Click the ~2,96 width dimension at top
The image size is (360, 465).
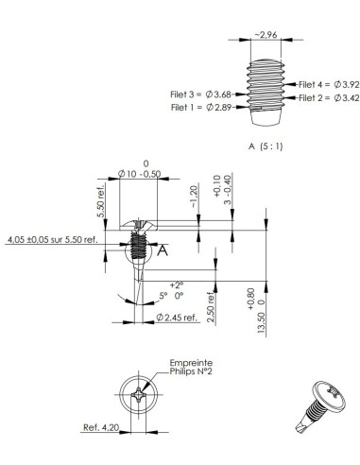tap(266, 37)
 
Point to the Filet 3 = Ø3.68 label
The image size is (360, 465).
tap(201, 94)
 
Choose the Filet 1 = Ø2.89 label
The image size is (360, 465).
tap(201, 107)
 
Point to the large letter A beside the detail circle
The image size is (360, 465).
tap(163, 250)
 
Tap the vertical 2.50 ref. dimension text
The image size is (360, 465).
tap(213, 309)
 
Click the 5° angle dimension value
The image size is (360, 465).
tap(162, 295)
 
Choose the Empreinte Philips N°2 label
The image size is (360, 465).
tap(191, 367)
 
